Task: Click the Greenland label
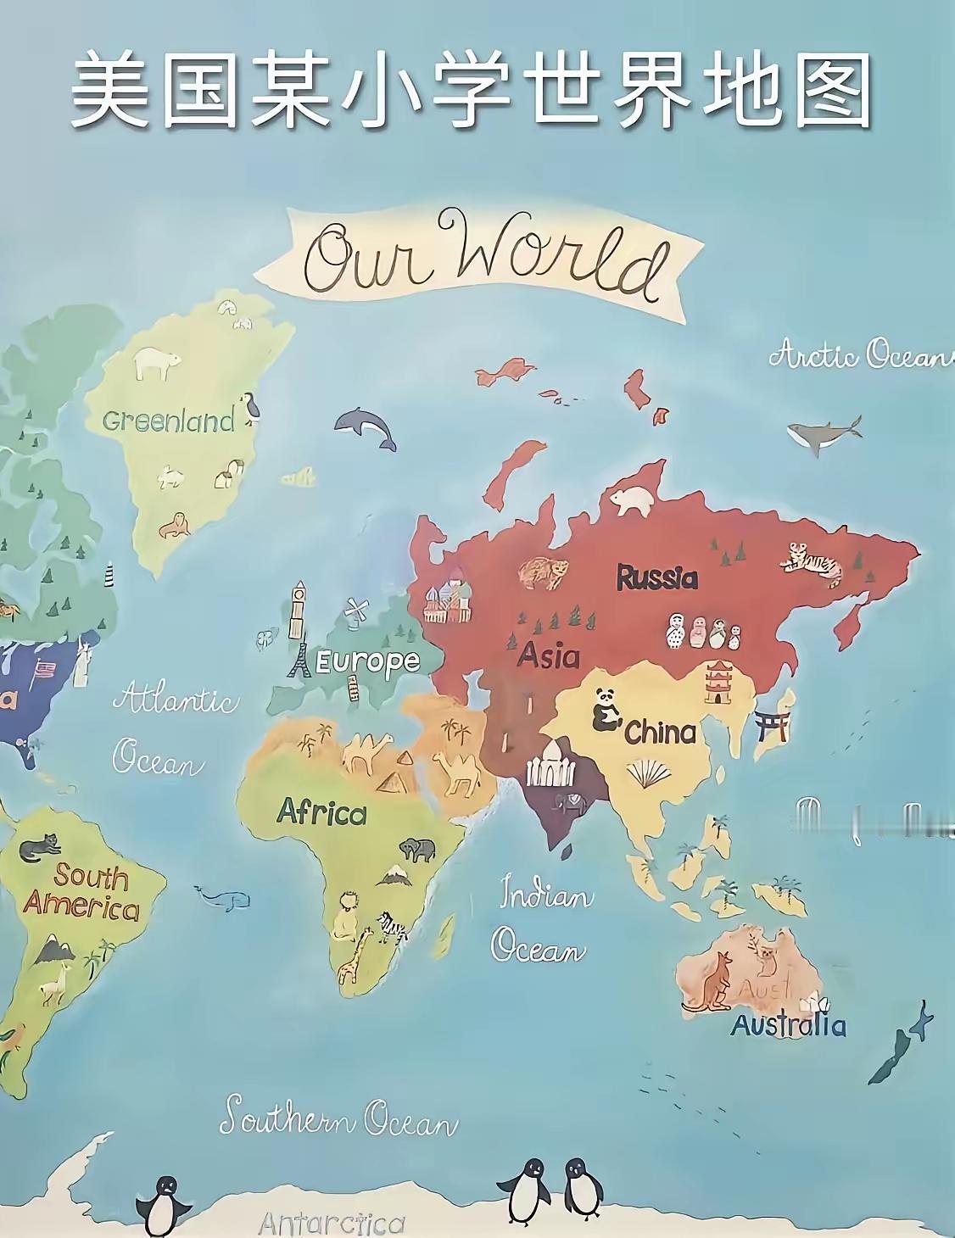(x=168, y=421)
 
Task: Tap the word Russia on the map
(x=656, y=577)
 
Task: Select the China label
(x=660, y=732)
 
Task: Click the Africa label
(x=321, y=812)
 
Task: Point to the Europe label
(x=367, y=661)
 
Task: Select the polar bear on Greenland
(x=157, y=362)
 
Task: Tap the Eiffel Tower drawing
(x=299, y=659)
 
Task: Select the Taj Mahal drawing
(x=551, y=762)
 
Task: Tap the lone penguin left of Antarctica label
(x=163, y=1204)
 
